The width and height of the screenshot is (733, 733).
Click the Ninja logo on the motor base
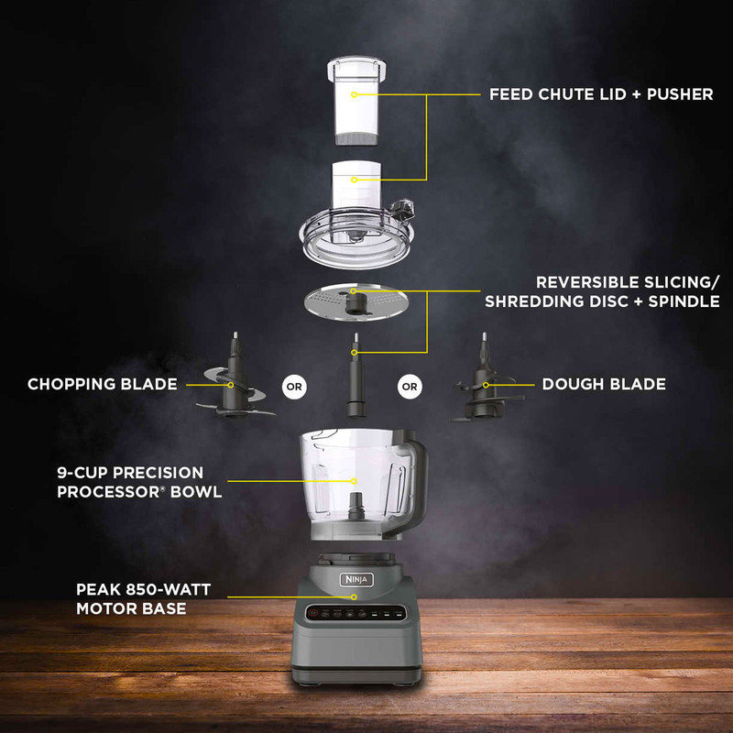click(x=356, y=580)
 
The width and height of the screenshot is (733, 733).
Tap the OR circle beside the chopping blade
click(x=294, y=387)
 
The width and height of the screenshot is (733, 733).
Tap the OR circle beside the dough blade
click(x=410, y=387)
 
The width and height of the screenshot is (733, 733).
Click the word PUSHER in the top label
click(x=680, y=94)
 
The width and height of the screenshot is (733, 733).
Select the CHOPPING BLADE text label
click(x=103, y=384)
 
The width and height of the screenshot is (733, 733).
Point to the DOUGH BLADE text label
click(x=604, y=384)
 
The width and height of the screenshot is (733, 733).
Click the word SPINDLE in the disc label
click(x=684, y=301)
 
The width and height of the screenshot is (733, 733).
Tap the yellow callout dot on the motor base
click(x=354, y=597)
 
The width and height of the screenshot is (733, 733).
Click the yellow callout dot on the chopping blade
click(x=231, y=385)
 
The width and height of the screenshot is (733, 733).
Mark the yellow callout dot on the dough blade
click(x=486, y=385)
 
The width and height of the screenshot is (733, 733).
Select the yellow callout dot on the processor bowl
click(x=354, y=481)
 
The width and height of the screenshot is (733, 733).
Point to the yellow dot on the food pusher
click(x=354, y=94)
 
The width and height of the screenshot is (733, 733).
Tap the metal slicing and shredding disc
click(x=356, y=302)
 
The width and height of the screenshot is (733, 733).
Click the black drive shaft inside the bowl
click(x=356, y=506)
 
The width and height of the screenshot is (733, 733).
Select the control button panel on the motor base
click(x=356, y=613)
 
